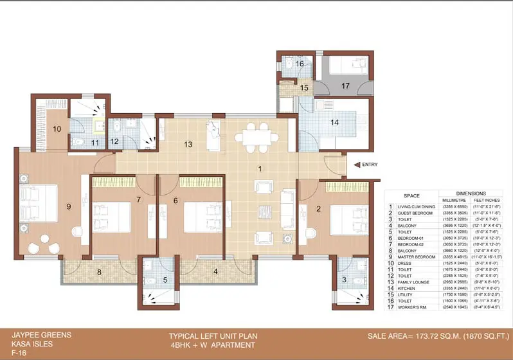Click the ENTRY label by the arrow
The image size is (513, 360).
click(x=370, y=165)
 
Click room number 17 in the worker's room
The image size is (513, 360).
click(x=345, y=85)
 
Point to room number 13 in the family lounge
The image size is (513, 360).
click(x=188, y=144)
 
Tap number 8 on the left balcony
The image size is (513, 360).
click(x=99, y=271)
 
